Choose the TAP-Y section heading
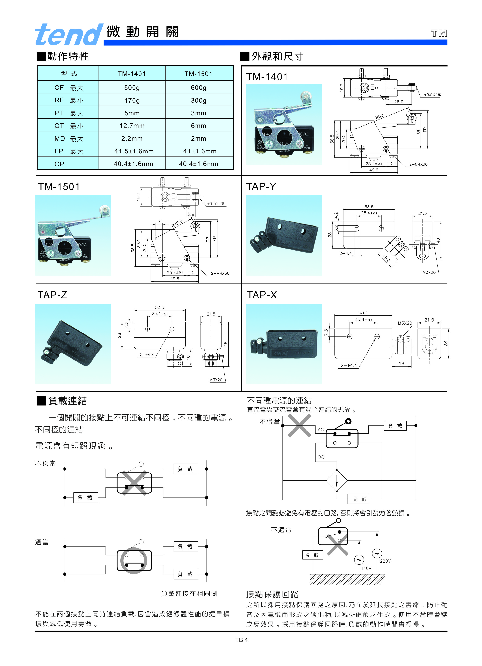(261, 186)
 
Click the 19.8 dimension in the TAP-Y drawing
(387, 258)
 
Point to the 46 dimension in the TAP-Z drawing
(225, 344)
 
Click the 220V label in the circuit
(385, 561)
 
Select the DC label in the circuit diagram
(321, 457)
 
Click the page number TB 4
(241, 640)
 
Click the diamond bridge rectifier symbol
(336, 481)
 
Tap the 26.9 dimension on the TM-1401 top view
(398, 102)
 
